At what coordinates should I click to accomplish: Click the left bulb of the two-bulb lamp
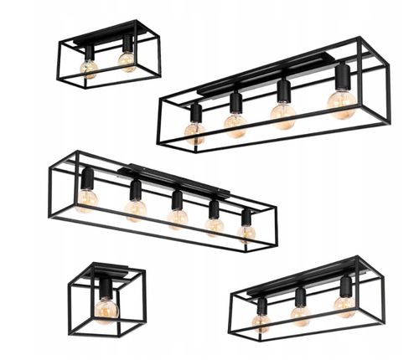tap(88, 68)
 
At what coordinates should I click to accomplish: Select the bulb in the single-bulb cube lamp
tap(106, 309)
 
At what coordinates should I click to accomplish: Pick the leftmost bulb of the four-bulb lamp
tap(194, 131)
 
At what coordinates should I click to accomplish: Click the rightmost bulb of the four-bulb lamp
tap(341, 102)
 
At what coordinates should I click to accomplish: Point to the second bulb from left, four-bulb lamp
tap(235, 125)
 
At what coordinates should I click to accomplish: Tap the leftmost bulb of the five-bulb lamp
tap(86, 199)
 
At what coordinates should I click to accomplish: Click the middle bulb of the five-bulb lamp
tap(177, 218)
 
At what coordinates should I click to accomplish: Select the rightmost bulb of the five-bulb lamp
tap(246, 231)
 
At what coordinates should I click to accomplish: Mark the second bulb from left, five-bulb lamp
tap(135, 209)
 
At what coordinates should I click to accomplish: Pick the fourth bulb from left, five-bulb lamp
tap(214, 225)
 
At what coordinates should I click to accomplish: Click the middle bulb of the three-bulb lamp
tap(300, 314)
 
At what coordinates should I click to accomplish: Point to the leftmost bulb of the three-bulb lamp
tap(261, 321)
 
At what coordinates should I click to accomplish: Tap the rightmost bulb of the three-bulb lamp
tap(344, 304)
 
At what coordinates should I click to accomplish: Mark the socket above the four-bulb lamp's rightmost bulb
tap(342, 77)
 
